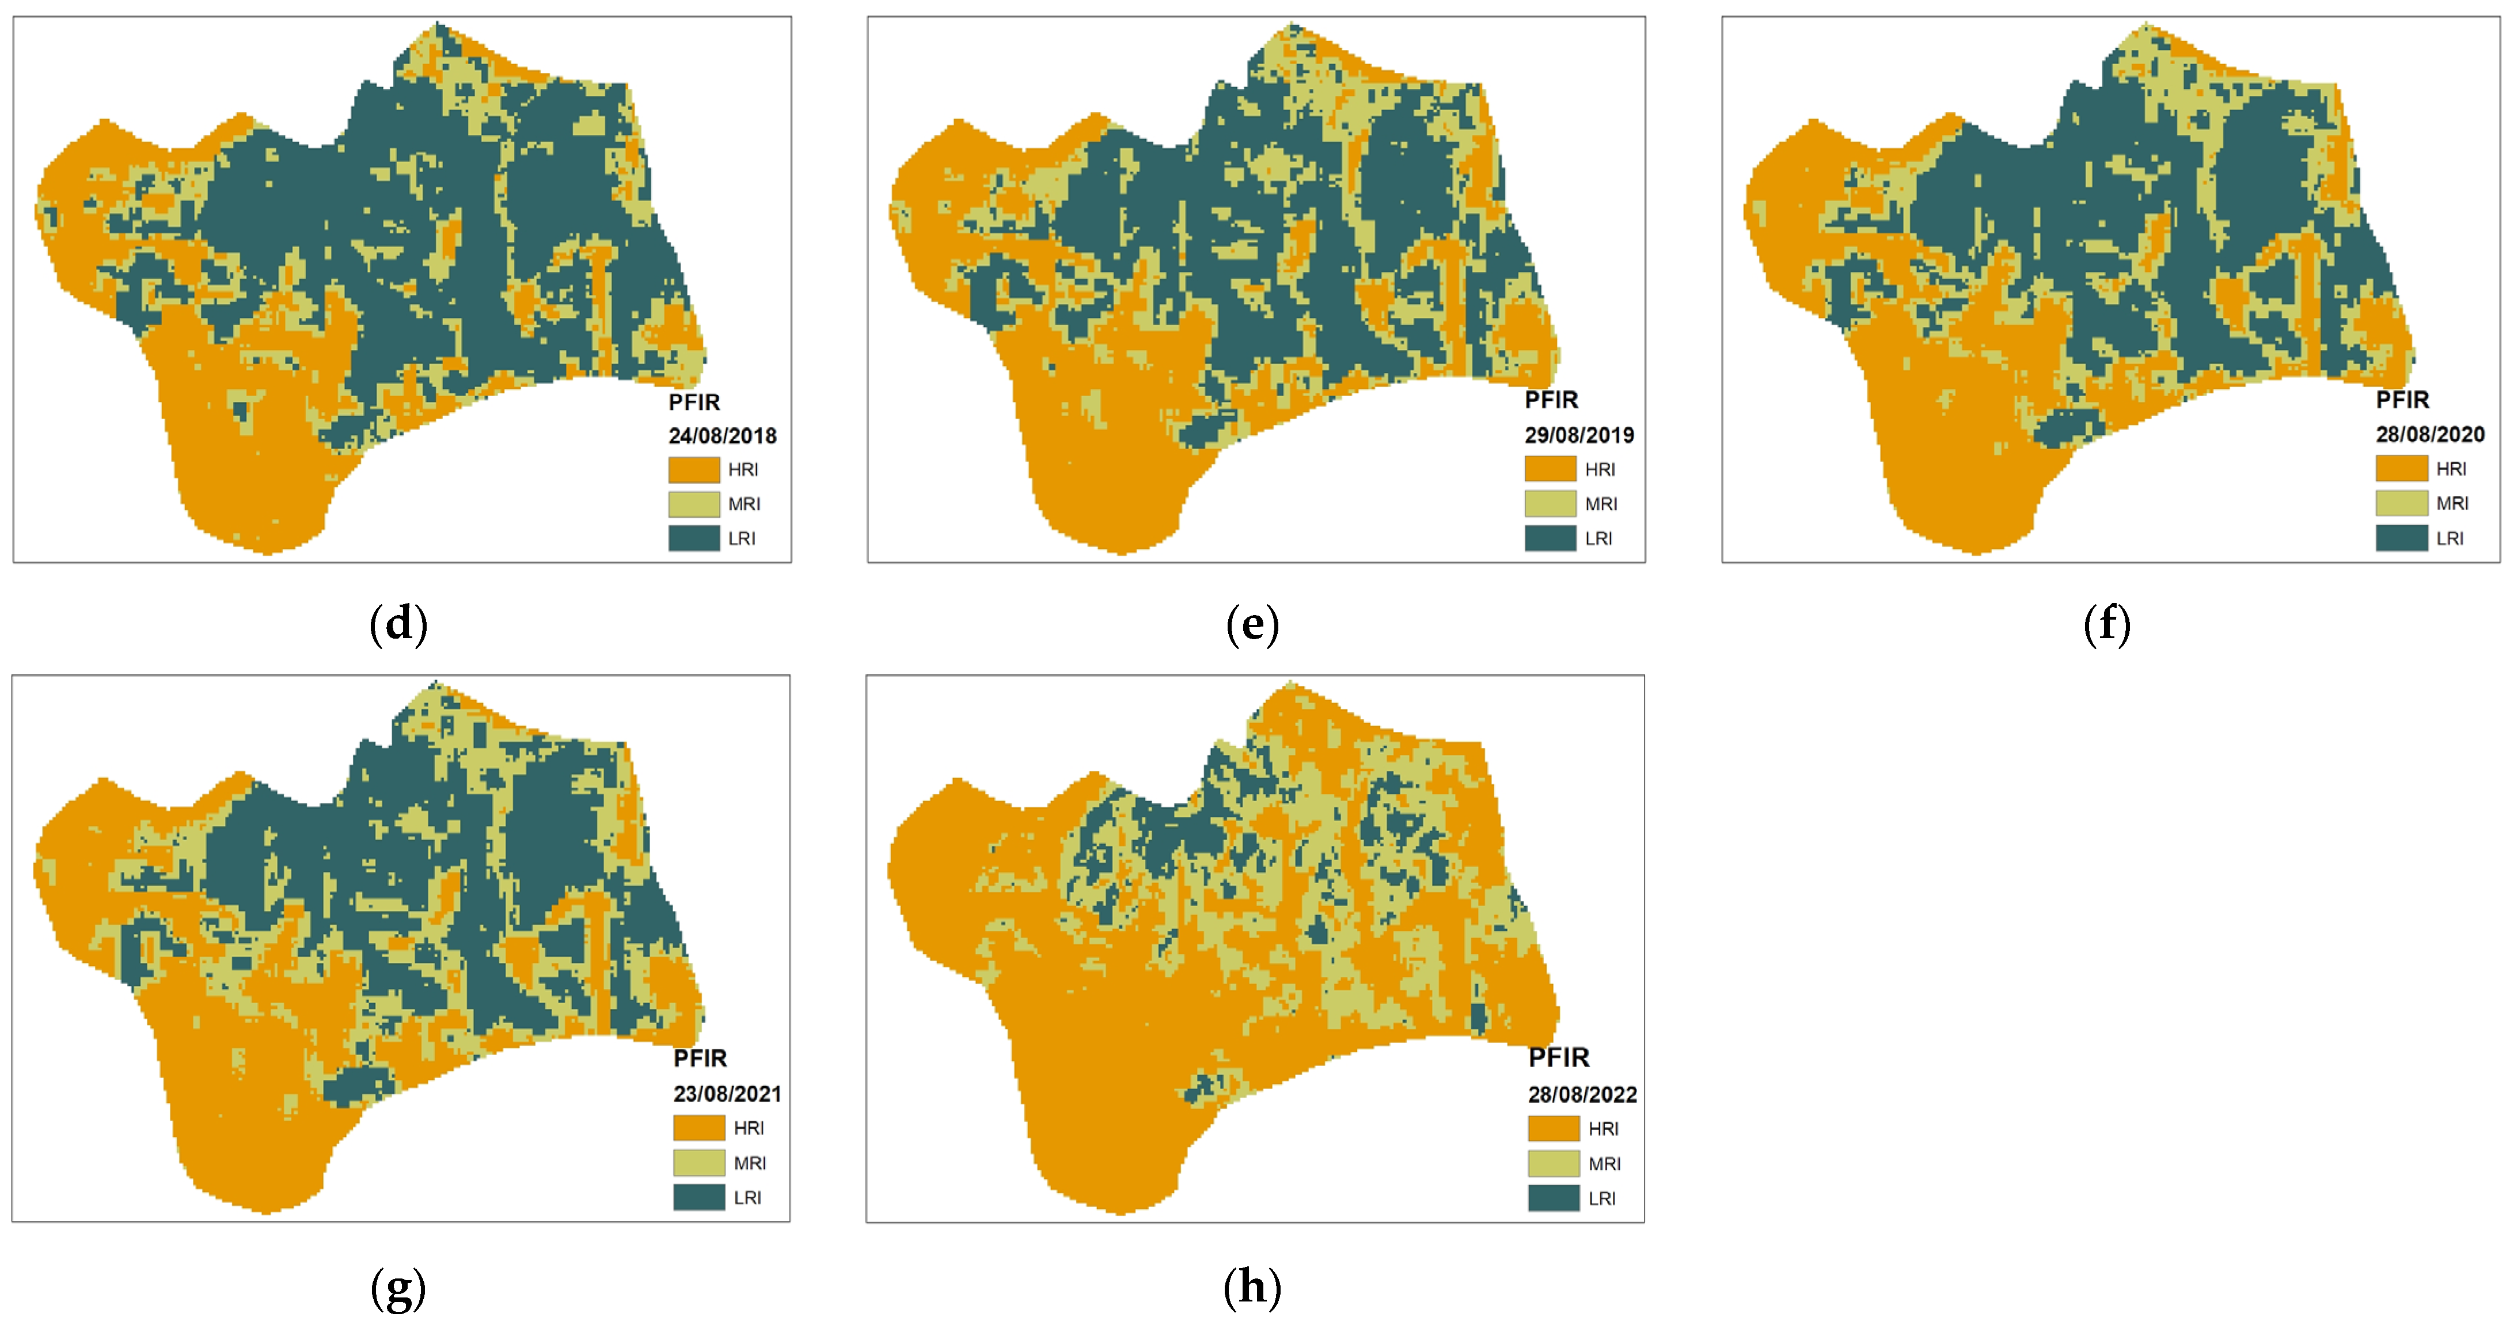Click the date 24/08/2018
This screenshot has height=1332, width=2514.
point(722,435)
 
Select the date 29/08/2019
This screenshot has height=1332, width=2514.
point(1579,435)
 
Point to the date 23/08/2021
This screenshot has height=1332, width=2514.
point(727,1094)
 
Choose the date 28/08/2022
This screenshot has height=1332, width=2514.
point(1582,1095)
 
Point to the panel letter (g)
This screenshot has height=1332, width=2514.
point(398,1288)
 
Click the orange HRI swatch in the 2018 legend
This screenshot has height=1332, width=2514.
point(694,470)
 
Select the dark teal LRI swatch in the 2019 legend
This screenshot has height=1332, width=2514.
point(1550,538)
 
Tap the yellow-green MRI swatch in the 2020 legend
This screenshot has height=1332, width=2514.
point(2401,503)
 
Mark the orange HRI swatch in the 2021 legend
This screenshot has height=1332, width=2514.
point(699,1128)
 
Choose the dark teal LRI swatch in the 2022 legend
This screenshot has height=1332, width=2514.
point(1553,1198)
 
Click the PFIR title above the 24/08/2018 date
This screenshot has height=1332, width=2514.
point(694,402)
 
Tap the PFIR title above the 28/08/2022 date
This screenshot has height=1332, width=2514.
point(1559,1058)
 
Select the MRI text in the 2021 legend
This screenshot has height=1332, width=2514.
point(750,1163)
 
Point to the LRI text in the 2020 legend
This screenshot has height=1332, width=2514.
point(2450,538)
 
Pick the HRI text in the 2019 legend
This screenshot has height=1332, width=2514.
point(1600,469)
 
